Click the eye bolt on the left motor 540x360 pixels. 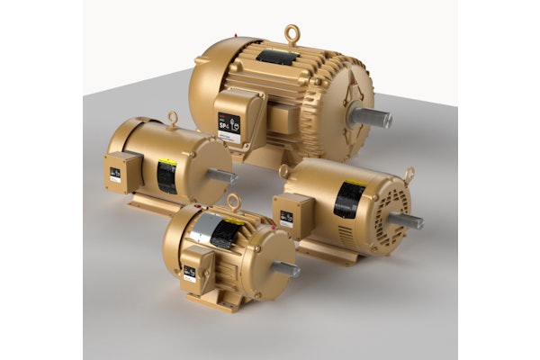click(x=171, y=117)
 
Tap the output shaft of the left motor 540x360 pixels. click(x=220, y=177)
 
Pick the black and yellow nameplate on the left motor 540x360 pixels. click(x=167, y=175)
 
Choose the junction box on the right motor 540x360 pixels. click(x=292, y=216)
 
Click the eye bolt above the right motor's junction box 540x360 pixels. click(x=284, y=170)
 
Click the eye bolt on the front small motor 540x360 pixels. click(x=233, y=202)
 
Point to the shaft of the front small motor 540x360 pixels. click(x=285, y=268)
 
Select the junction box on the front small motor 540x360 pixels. click(x=195, y=267)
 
